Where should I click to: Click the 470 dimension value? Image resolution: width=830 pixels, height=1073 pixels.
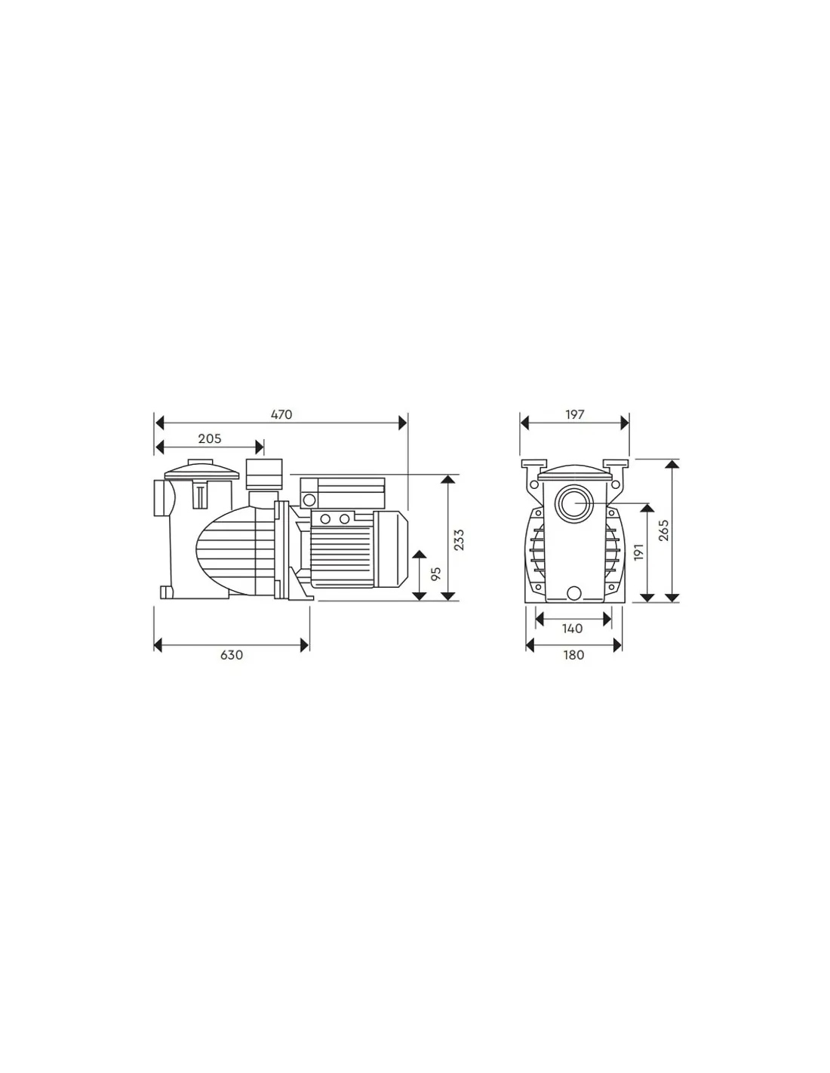click(x=281, y=414)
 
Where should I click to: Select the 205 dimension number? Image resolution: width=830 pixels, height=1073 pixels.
click(x=210, y=438)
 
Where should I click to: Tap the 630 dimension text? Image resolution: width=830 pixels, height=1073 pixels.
click(x=232, y=655)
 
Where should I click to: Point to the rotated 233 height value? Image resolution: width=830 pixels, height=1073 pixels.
click(x=460, y=540)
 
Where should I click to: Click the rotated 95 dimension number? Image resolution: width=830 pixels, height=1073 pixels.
click(x=436, y=573)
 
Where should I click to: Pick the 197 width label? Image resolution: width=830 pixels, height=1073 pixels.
click(x=575, y=414)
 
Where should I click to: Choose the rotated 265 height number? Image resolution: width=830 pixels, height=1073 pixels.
click(x=664, y=530)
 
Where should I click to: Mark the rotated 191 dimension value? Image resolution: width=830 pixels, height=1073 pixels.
click(x=638, y=552)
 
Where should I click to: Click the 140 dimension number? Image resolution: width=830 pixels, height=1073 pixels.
click(x=573, y=629)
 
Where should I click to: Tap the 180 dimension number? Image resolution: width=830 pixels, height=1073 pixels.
click(x=573, y=655)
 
